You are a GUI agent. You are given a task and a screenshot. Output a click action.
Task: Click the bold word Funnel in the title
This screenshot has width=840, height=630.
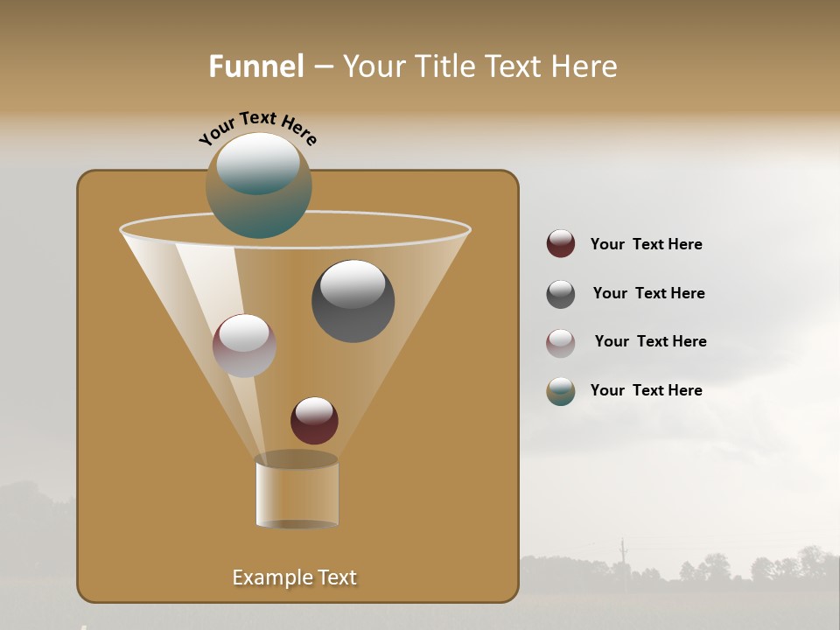[x=256, y=66]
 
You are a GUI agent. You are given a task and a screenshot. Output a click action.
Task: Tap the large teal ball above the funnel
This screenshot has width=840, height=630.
[x=259, y=186]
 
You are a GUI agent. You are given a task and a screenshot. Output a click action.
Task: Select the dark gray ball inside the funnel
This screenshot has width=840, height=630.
[x=353, y=301]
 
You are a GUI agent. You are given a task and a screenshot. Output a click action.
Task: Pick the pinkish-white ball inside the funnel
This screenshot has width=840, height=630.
[x=244, y=346]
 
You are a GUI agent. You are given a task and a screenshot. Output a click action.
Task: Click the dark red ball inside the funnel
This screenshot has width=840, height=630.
[x=314, y=421]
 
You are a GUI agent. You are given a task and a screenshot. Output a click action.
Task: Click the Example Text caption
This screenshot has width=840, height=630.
[x=294, y=577]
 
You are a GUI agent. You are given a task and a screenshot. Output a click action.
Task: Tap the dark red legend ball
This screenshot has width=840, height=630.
[x=561, y=244]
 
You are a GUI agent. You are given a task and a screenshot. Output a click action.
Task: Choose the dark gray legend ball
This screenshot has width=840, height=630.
[x=561, y=294]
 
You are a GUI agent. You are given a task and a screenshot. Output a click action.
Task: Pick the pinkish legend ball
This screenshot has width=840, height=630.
[x=561, y=343]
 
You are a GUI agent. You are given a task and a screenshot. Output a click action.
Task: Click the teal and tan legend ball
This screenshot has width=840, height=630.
[x=561, y=391]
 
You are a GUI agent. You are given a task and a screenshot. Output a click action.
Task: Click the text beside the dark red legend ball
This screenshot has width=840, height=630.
[x=646, y=244]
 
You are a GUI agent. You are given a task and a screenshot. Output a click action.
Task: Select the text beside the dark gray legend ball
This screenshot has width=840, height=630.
[x=648, y=293]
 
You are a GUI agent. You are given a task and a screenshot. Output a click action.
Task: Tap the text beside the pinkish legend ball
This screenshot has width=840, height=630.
[x=650, y=341]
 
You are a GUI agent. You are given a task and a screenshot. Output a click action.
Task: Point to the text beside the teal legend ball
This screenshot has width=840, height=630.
[x=646, y=390]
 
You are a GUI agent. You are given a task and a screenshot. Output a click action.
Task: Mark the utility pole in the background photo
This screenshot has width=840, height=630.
[x=623, y=555]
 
